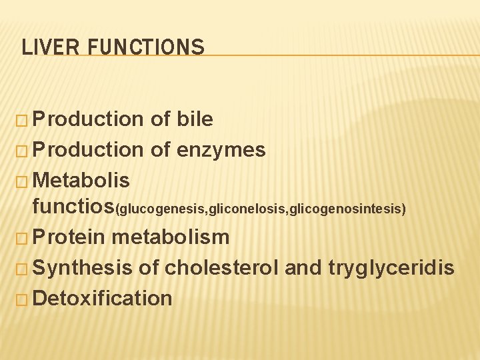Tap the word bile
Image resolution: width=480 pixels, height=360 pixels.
click(x=195, y=119)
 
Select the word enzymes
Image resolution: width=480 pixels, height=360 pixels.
click(x=221, y=150)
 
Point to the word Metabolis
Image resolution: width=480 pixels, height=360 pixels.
click(x=81, y=180)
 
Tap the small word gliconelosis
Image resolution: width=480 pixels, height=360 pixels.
click(x=250, y=210)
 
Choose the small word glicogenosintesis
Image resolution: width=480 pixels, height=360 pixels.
click(x=346, y=210)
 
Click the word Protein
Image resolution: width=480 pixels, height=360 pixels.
click(x=68, y=237)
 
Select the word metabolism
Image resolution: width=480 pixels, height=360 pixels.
click(x=171, y=237)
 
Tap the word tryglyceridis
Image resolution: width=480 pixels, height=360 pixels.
click(x=391, y=268)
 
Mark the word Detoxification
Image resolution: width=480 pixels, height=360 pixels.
click(x=102, y=298)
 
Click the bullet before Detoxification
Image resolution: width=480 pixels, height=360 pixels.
click(x=22, y=299)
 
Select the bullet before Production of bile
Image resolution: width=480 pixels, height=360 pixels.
click(x=22, y=120)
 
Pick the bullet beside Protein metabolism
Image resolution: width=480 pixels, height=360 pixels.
click(x=22, y=237)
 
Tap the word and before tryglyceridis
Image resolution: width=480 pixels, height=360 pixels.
click(x=303, y=268)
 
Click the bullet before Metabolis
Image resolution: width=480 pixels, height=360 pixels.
click(x=22, y=181)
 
